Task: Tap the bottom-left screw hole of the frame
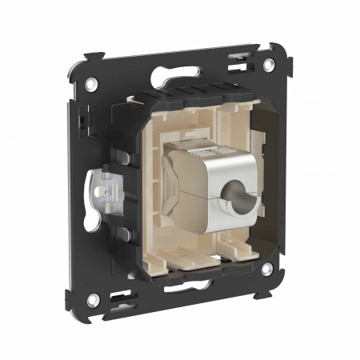click(x=94, y=300)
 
